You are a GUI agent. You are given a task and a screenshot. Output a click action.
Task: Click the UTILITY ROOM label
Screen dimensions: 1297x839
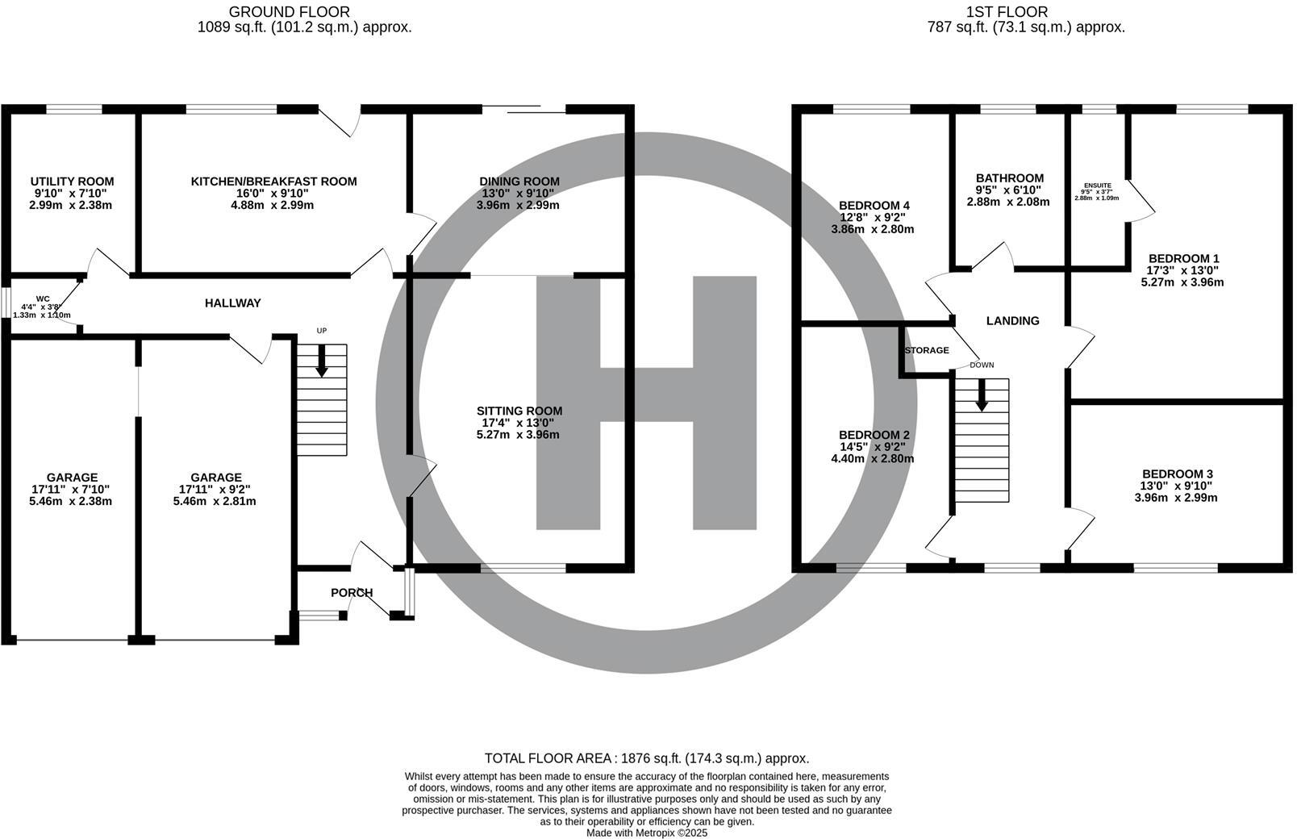[x=72, y=182]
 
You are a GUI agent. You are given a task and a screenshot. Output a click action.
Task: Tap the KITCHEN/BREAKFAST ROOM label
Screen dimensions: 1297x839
[x=274, y=182]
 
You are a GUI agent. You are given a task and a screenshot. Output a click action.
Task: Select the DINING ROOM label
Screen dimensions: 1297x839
[x=519, y=182]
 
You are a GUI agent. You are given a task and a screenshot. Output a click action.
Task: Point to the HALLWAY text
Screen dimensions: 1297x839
[x=233, y=303]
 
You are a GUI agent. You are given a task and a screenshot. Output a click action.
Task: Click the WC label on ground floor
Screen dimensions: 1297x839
[x=43, y=298]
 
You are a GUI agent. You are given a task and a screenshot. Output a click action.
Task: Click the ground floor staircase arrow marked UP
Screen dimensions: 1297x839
[x=321, y=361]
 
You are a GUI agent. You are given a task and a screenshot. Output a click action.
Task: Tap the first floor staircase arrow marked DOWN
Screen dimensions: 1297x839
[x=982, y=395]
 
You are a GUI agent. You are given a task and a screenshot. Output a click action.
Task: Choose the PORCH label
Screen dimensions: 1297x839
[x=352, y=592]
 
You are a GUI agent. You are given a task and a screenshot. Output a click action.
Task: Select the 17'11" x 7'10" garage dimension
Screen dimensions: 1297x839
[x=71, y=489]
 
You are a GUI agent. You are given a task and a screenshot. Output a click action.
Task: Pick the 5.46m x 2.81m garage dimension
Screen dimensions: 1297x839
[x=215, y=501]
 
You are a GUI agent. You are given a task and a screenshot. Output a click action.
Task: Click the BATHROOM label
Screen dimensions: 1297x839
[x=1010, y=178]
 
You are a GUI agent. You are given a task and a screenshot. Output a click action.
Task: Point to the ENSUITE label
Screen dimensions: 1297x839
[x=1098, y=186]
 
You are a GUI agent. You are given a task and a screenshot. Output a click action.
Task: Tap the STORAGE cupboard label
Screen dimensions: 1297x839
[x=927, y=350]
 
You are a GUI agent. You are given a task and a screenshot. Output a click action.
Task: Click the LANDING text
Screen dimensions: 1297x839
[x=1013, y=321]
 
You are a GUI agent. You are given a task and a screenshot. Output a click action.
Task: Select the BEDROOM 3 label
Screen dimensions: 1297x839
[x=1177, y=474]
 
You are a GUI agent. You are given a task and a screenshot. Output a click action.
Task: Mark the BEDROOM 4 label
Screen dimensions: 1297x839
[x=874, y=206]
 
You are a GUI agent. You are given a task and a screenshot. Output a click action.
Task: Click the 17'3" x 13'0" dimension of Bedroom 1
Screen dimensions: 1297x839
[x=1183, y=270]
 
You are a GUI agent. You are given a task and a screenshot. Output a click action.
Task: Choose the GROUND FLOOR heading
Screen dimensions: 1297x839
[x=290, y=11]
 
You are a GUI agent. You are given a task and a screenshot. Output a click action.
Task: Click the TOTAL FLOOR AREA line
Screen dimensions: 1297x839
[x=647, y=758]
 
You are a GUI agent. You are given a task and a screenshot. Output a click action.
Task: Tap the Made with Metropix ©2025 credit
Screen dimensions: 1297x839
[x=647, y=833]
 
